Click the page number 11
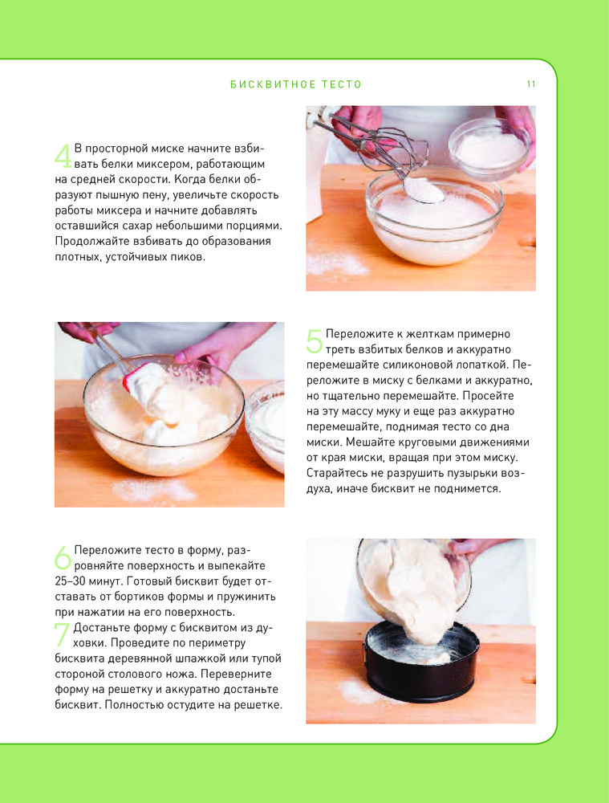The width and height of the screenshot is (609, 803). pos(530,84)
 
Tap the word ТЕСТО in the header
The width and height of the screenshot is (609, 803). pos(342,84)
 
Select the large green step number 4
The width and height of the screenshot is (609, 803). pos(63,156)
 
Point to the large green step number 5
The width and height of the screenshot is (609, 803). pos(315,341)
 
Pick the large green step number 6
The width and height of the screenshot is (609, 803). pos(63,558)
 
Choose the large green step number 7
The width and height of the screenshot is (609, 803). pos(62,634)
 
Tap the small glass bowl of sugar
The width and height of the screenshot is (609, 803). pos(489,148)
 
